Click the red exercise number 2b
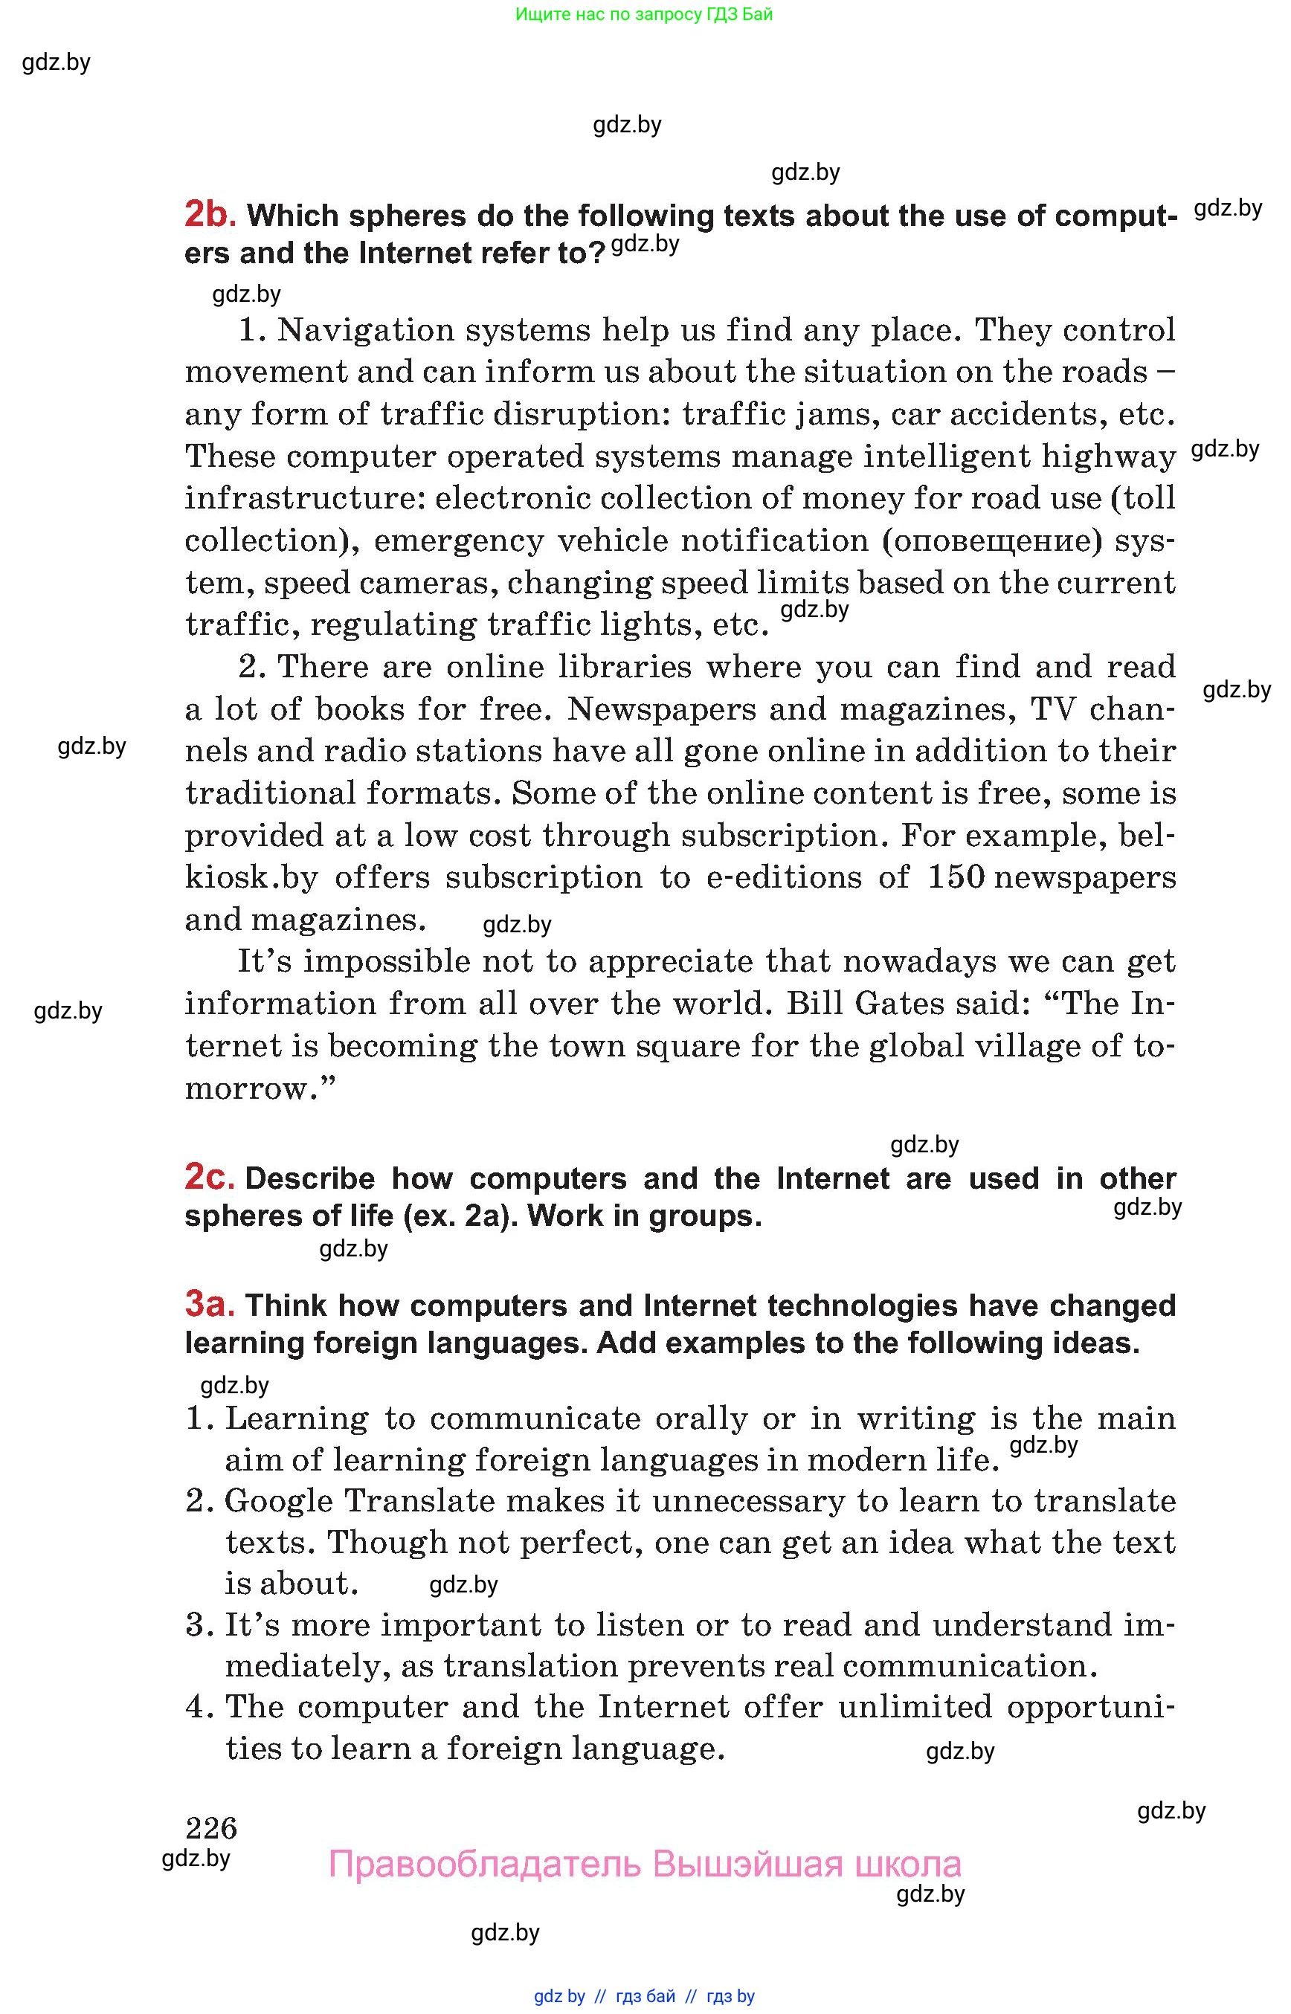click(209, 216)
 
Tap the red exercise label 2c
click(209, 1178)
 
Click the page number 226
click(211, 1827)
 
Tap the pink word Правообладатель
click(485, 1864)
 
